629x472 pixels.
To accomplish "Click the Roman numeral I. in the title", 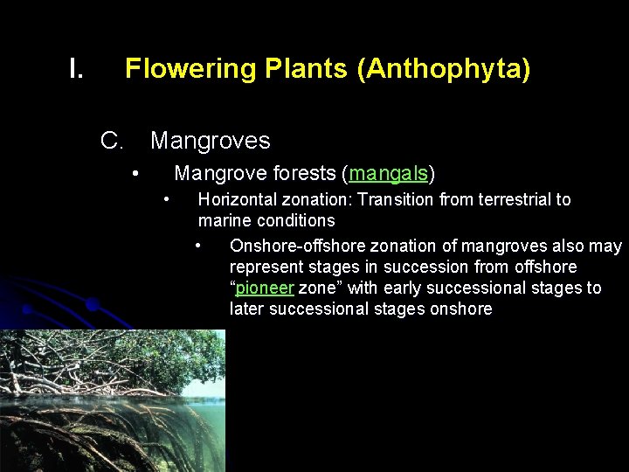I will pos(76,69).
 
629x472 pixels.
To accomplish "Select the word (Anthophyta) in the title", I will pos(443,69).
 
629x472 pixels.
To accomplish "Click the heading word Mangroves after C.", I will pos(211,141).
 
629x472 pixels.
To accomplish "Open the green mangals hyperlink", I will pos(388,173).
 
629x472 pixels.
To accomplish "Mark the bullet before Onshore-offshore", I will pos(200,246).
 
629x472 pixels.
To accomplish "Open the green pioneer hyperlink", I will pos(265,288).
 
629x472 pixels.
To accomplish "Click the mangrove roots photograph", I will pos(112,400).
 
